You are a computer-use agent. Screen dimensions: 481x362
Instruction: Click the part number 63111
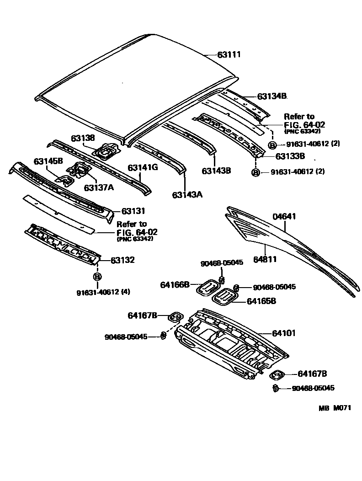(229, 54)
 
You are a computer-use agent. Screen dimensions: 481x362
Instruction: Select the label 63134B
(271, 96)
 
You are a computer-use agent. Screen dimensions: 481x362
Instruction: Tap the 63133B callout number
(290, 156)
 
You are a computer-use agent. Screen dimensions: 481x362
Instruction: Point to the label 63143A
(187, 195)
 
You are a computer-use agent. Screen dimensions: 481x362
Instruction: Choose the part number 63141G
(143, 167)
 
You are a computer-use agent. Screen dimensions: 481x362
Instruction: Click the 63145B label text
(48, 161)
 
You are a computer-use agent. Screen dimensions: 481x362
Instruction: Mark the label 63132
(122, 260)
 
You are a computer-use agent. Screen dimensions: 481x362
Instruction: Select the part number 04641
(285, 217)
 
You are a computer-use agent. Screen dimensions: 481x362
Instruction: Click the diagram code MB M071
(335, 408)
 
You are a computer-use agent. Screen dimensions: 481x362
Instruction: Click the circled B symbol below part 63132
(97, 277)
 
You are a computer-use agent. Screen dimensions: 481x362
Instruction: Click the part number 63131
(133, 211)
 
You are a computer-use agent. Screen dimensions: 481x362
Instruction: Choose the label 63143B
(216, 171)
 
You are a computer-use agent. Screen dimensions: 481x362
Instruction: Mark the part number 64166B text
(175, 285)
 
